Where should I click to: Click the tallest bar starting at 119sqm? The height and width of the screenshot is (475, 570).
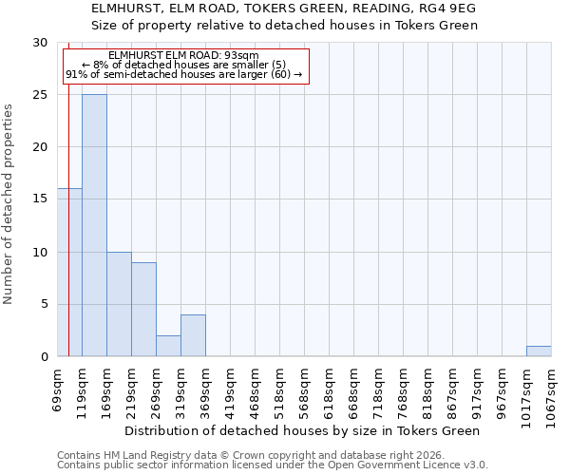pyautogui.click(x=94, y=225)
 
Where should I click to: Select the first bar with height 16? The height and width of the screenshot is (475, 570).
pyautogui.click(x=69, y=273)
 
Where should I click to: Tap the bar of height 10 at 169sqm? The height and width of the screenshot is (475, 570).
pyautogui.click(x=119, y=304)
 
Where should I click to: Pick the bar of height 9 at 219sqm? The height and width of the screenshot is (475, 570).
pyautogui.click(x=143, y=310)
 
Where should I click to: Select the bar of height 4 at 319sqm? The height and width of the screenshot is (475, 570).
pyautogui.click(x=193, y=335)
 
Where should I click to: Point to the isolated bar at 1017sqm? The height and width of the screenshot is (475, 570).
pyautogui.click(x=539, y=351)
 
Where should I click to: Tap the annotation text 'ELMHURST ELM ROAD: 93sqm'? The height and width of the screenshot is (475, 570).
pyautogui.click(x=183, y=56)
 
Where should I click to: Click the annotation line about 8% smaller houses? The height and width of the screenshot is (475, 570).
pyautogui.click(x=183, y=65)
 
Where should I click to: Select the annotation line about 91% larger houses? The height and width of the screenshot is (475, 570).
pyautogui.click(x=183, y=74)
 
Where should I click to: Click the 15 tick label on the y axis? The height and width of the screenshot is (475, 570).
pyautogui.click(x=40, y=199)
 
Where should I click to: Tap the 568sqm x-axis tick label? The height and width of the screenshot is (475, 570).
pyautogui.click(x=304, y=385)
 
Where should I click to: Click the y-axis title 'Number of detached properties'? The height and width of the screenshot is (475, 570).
pyautogui.click(x=9, y=204)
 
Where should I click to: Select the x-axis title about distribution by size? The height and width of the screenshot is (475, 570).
pyautogui.click(x=304, y=431)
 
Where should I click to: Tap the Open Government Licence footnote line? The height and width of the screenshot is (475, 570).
pyautogui.click(x=273, y=465)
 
